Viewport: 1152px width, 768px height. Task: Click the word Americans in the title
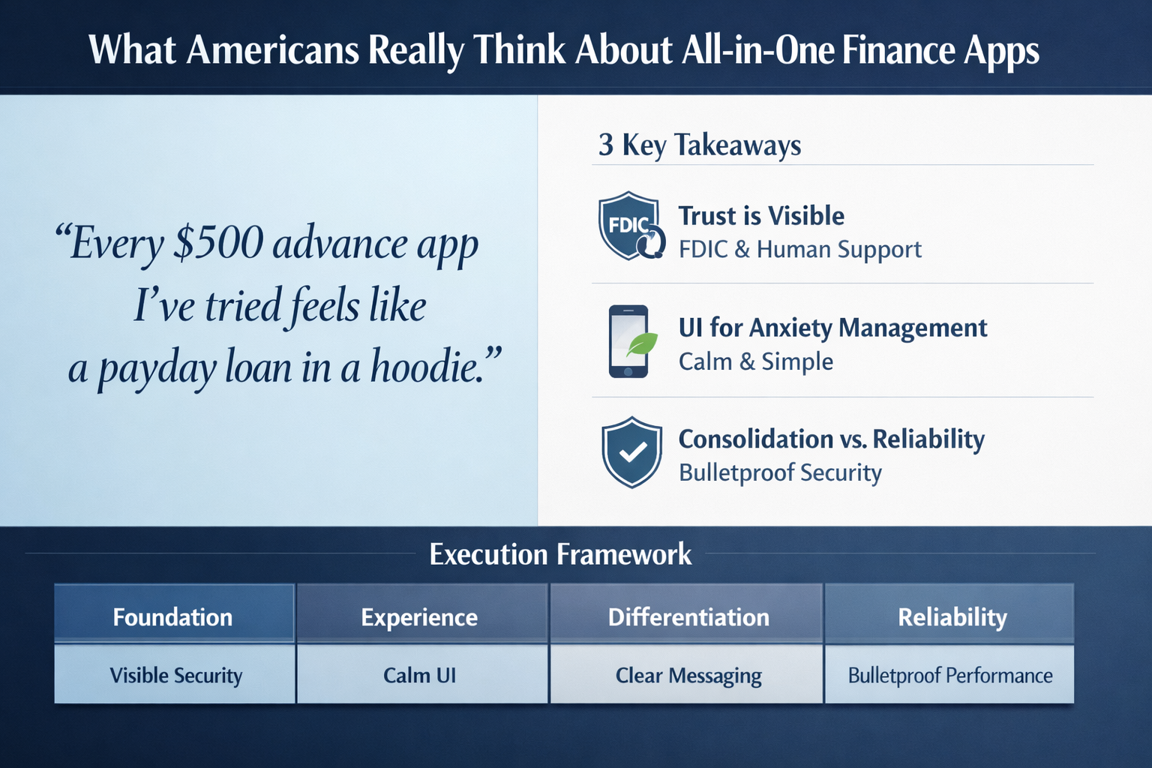(272, 49)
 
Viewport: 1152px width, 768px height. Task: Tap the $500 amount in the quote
(217, 244)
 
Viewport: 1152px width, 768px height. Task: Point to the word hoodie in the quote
(435, 368)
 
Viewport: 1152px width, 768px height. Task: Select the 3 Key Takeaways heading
(699, 145)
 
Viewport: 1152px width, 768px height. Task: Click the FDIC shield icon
(631, 226)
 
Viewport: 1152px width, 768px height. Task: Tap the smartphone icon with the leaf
(631, 341)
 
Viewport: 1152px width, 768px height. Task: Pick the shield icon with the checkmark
(631, 452)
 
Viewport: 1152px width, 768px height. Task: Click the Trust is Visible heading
(761, 216)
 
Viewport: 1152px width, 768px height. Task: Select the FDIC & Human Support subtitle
(799, 249)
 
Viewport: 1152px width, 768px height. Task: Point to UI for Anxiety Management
(832, 328)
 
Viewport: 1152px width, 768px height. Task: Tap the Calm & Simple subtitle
(755, 361)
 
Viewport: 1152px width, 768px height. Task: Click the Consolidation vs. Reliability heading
(831, 439)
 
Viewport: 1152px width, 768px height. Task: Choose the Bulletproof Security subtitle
(780, 472)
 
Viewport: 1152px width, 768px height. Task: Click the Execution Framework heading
(560, 554)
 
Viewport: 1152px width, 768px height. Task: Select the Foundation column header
(172, 616)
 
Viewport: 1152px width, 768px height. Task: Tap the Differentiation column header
(688, 616)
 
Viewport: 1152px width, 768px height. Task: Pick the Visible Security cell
(175, 675)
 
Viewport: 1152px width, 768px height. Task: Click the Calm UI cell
(419, 675)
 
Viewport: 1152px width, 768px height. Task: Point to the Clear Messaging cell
(688, 675)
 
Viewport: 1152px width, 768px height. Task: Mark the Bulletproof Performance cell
(949, 675)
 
